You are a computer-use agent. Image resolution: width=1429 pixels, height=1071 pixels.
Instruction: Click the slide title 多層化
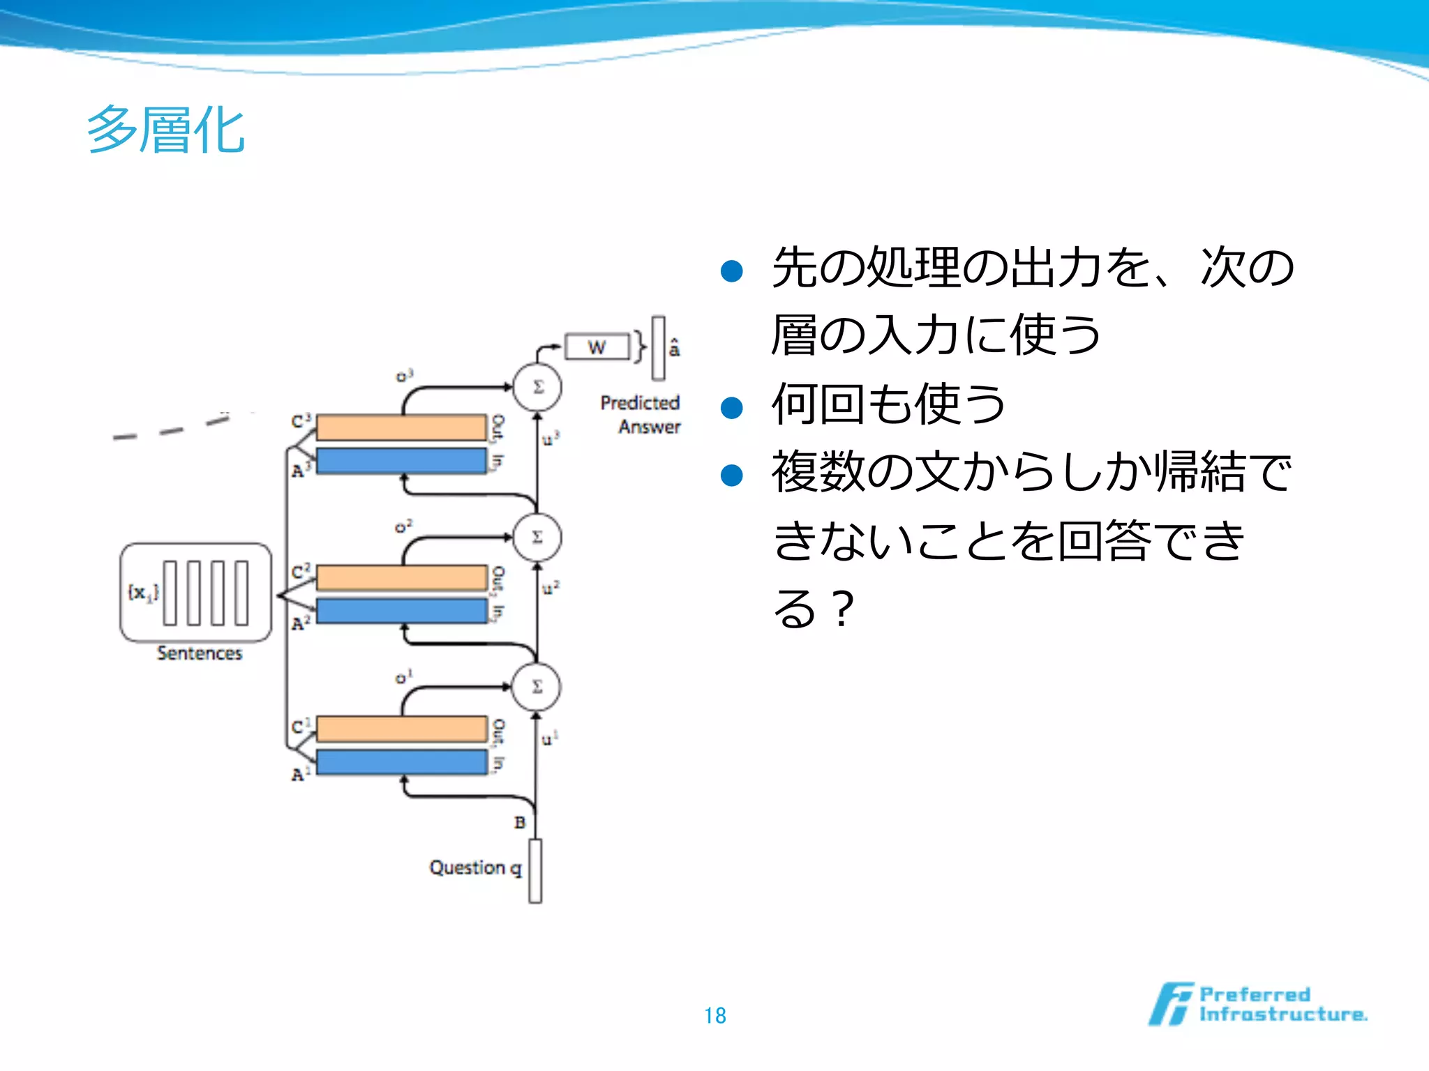166,130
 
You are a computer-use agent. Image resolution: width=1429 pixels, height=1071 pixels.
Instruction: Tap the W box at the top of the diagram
597,347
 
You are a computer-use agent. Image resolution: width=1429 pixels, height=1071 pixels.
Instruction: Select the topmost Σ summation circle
537,387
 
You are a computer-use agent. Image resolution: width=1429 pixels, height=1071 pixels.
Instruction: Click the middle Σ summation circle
537,537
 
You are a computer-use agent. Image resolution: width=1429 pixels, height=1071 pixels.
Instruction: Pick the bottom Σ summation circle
536,687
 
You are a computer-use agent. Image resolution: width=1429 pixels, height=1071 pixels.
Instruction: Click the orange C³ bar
401,427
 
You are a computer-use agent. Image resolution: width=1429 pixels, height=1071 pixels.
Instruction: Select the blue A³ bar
401,461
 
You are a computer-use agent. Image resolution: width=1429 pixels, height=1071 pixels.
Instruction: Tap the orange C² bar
401,577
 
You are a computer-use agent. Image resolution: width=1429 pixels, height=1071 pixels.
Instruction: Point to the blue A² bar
401,611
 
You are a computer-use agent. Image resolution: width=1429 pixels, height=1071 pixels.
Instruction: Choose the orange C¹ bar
401,729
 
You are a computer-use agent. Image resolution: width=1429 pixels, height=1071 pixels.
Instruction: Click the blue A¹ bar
401,762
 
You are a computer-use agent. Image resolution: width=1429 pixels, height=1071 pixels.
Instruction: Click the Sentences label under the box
200,653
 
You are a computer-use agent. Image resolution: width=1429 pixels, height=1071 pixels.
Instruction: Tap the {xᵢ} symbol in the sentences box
142,593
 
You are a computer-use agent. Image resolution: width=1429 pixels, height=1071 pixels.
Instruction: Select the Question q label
475,868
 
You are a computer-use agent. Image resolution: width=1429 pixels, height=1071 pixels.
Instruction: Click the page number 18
714,1015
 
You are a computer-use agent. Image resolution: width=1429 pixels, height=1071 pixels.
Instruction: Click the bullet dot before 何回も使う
731,407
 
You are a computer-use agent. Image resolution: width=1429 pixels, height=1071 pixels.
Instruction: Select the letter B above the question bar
520,823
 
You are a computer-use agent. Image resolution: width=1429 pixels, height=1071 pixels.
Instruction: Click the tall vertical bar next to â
658,348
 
